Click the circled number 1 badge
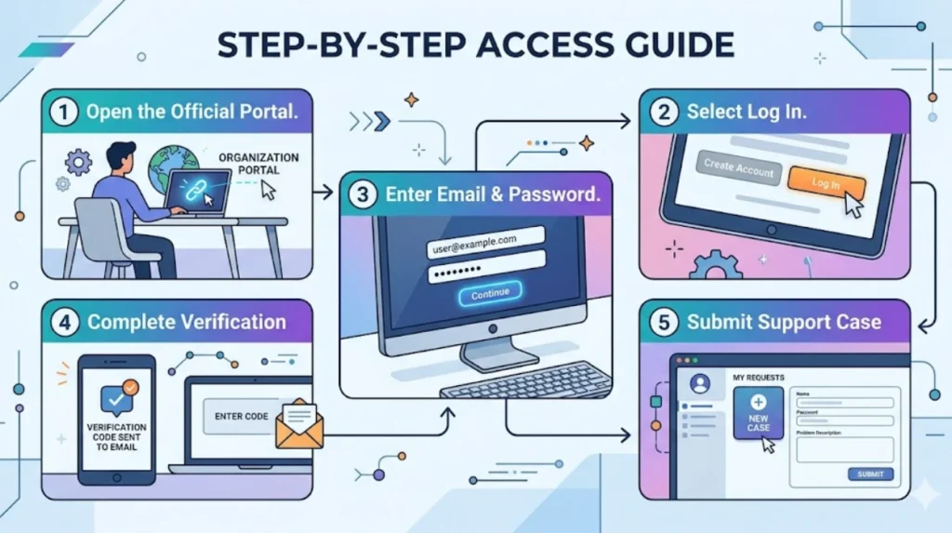tap(63, 113)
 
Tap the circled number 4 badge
tap(63, 323)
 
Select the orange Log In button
tap(826, 183)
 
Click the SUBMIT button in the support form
tap(870, 474)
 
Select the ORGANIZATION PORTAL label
tap(258, 164)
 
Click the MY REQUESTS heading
tap(759, 378)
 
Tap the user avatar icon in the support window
tap(700, 383)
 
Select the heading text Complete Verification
tap(187, 323)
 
